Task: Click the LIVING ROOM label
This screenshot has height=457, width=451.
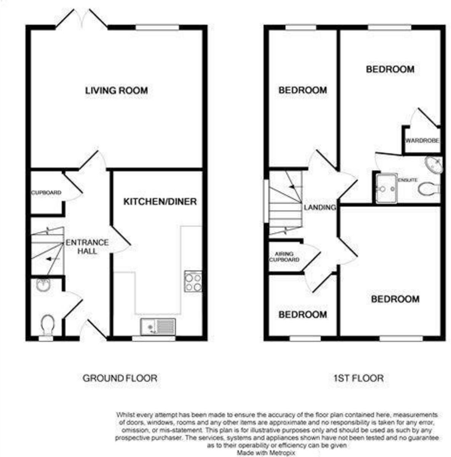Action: (116, 91)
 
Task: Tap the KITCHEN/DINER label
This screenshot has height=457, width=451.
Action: (160, 201)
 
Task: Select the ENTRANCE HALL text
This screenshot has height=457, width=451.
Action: (87, 247)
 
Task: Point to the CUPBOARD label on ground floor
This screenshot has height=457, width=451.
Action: (46, 193)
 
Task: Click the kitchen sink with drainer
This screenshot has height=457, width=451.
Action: (158, 327)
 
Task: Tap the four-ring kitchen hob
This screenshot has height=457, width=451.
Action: (193, 281)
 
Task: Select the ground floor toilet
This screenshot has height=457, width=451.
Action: (48, 325)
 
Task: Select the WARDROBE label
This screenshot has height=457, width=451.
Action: (422, 141)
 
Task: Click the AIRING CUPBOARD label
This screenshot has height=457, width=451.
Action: (284, 257)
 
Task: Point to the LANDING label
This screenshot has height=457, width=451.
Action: (320, 208)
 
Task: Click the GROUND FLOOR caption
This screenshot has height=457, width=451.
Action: (120, 378)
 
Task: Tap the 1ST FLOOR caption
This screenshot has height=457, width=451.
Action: (358, 378)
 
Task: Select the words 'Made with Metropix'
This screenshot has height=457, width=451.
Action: (265, 453)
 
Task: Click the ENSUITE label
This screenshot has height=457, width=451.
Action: (408, 180)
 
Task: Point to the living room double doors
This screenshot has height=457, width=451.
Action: (82, 19)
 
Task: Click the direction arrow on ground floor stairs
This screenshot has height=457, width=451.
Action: (52, 259)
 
